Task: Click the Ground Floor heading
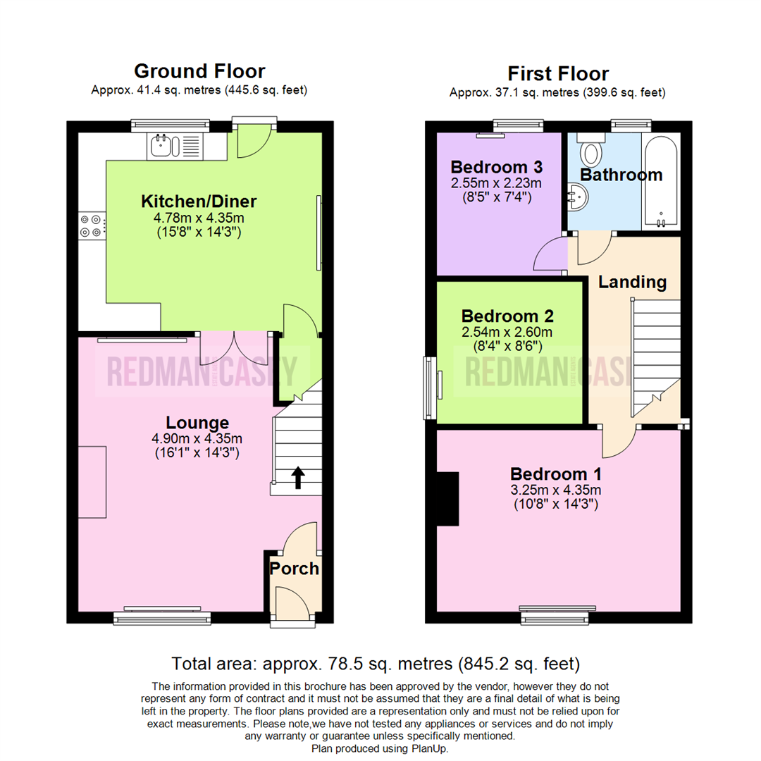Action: coord(199,71)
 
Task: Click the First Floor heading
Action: coord(558,73)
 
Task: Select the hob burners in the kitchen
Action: coord(91,225)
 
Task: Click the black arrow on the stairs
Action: coord(297,478)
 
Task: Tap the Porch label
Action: coord(295,569)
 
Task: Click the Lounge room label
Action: coord(197,423)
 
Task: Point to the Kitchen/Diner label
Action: coord(199,202)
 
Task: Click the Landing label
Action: coord(632,283)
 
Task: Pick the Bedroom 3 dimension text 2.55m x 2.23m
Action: coord(496,183)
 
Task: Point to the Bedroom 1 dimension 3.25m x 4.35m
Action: coord(556,490)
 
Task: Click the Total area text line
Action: coord(376,664)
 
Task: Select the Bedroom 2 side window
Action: coord(428,386)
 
